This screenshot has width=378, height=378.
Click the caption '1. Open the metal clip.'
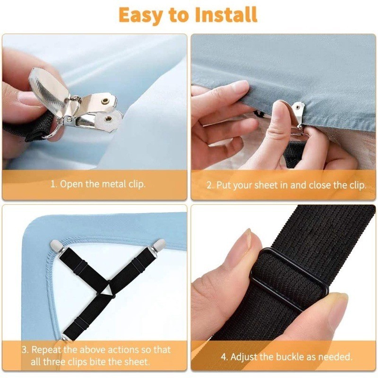click(98, 184)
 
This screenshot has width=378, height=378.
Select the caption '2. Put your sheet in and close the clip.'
click(286, 185)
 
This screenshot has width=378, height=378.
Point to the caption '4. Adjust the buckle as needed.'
click(287, 357)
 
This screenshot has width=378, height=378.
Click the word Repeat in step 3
click(46, 350)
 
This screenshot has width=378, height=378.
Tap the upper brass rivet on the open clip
click(105, 101)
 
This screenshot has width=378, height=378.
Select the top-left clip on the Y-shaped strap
click(56, 246)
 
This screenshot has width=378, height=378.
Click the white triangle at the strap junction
click(108, 290)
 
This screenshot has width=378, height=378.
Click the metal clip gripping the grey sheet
click(298, 116)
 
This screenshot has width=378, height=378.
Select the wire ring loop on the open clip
click(54, 131)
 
